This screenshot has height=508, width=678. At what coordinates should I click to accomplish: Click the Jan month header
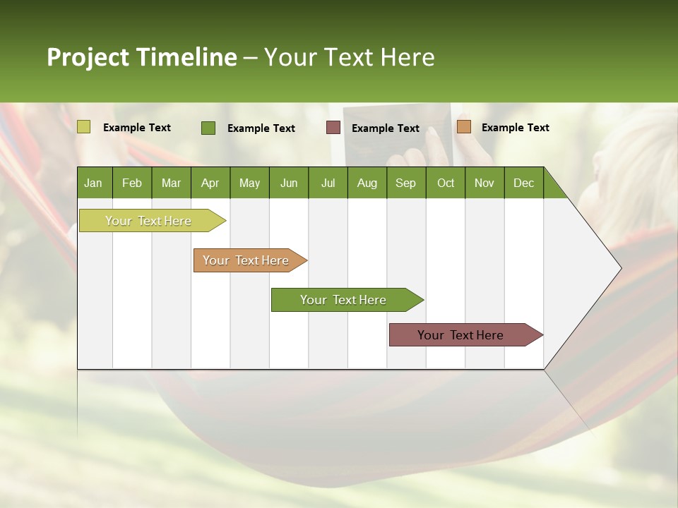pos(93,183)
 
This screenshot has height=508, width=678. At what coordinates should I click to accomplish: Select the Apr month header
pos(210,183)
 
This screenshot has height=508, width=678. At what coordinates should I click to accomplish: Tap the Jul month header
pos(328,183)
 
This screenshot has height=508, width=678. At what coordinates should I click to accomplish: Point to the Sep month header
pos(405,183)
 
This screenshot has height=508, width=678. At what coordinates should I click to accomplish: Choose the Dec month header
pos(523,183)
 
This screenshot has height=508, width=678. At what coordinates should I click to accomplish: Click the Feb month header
pos(132,183)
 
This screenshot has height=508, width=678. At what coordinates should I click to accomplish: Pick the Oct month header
pos(446,183)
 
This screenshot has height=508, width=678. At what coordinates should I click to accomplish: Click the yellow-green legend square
pos(84,127)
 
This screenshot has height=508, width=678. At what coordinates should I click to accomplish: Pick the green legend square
pos(208,128)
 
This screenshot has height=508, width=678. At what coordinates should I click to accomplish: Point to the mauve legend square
pos(333,128)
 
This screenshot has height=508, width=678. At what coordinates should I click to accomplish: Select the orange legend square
pos(463,127)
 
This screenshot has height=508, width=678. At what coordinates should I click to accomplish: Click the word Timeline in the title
pos(186,57)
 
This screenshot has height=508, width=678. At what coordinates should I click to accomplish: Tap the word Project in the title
pos(87,57)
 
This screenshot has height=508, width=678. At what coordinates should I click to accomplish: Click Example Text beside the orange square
pos(515,128)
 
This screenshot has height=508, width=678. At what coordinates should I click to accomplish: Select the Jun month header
pos(289,183)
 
